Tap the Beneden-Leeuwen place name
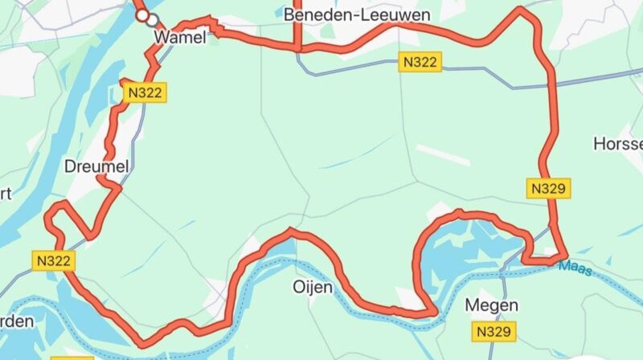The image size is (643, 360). click(x=357, y=15)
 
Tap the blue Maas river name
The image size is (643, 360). click(x=575, y=268)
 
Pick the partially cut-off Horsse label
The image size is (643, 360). click(x=618, y=144)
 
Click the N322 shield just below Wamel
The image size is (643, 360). click(x=145, y=93)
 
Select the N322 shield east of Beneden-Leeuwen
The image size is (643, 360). click(x=421, y=63)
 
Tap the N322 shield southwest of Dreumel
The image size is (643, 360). click(x=55, y=260)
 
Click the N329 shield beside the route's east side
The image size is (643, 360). click(x=550, y=189)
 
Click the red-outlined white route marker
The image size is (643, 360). click(x=142, y=15)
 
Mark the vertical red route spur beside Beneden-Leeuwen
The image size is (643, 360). click(x=297, y=24)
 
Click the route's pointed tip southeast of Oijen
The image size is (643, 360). click(x=435, y=312)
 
